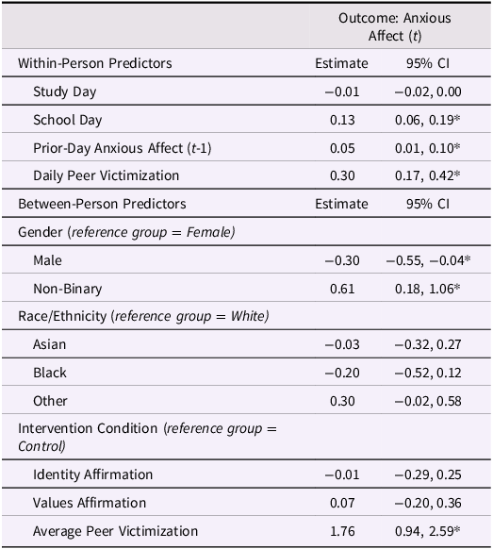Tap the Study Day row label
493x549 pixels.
[64, 91]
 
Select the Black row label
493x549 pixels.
[49, 373]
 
